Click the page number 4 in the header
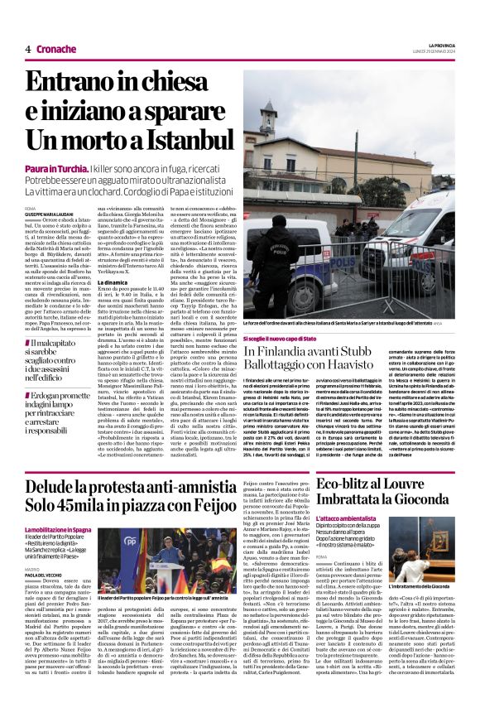point(27,50)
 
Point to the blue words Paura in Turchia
point(55,168)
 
